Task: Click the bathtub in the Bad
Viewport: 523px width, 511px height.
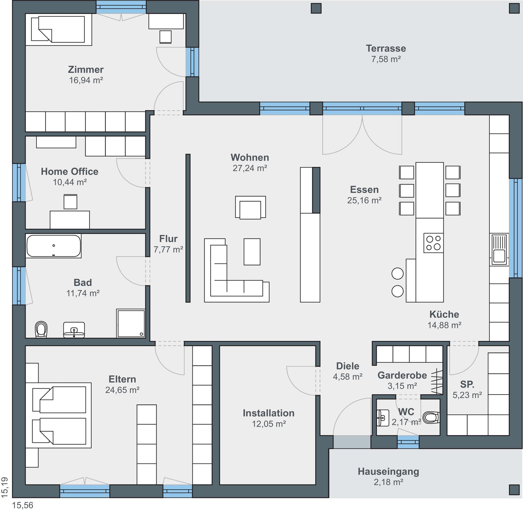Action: pos(54,246)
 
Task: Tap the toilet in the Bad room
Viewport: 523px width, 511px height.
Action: pos(41,329)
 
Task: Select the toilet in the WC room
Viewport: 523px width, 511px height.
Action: pos(431,417)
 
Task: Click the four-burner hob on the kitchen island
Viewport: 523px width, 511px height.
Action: pos(433,243)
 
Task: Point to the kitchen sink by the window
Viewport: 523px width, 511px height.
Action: pos(499,249)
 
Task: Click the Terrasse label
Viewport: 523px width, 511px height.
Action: pos(386,48)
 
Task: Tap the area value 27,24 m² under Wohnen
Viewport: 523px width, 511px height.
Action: pos(250,168)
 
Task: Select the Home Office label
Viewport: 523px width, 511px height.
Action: pos(70,171)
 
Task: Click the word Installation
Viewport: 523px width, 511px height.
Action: pos(268,413)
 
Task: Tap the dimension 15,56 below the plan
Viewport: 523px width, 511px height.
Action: pos(23,505)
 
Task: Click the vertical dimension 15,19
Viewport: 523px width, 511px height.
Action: pos(5,487)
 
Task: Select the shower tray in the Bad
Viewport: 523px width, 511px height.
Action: pos(131,323)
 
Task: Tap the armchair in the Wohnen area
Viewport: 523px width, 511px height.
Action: pos(250,207)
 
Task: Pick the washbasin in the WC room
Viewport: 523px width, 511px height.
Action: pos(383,418)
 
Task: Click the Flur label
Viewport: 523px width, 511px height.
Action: pos(168,239)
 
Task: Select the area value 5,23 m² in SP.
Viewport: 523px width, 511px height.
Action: pos(467,395)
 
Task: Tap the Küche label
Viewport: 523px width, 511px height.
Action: pos(444,314)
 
